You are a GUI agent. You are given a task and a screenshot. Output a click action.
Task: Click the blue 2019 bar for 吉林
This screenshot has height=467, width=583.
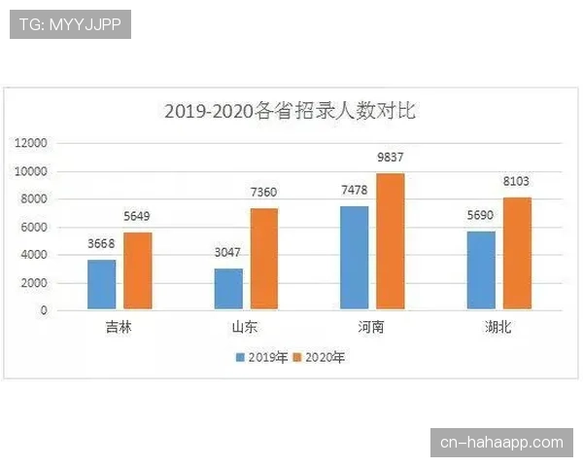[102, 284]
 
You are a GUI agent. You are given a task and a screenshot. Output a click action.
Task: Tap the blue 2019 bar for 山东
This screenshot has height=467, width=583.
[228, 289]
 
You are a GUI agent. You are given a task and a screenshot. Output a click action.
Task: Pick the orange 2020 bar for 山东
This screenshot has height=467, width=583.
[263, 259]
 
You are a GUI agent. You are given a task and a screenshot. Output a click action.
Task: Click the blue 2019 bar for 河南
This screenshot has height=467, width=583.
[355, 258]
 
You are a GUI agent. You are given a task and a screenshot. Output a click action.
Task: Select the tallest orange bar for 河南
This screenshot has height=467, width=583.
[390, 241]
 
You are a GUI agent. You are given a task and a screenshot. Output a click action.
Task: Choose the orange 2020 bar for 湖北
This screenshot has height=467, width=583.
[516, 253]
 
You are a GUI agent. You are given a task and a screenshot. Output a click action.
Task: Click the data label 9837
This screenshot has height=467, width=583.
[390, 159]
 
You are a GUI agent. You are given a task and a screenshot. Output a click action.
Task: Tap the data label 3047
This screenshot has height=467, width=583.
[228, 253]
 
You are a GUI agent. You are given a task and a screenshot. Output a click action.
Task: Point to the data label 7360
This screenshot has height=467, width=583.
[263, 193]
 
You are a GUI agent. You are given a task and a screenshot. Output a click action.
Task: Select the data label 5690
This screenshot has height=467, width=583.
[481, 216]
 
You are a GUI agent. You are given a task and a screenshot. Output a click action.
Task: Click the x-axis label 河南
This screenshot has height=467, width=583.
[371, 328]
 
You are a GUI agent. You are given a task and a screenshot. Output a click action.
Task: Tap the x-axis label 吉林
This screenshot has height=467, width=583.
[119, 328]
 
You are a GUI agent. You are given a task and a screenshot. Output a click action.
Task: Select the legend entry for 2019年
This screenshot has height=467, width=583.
[261, 358]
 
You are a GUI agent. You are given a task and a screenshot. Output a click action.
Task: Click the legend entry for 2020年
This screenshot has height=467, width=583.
[319, 358]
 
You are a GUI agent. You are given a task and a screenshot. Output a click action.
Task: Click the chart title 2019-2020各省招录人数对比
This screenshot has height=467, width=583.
[290, 111]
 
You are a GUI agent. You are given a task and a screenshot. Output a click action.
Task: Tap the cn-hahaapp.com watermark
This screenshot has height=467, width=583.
[501, 443]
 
